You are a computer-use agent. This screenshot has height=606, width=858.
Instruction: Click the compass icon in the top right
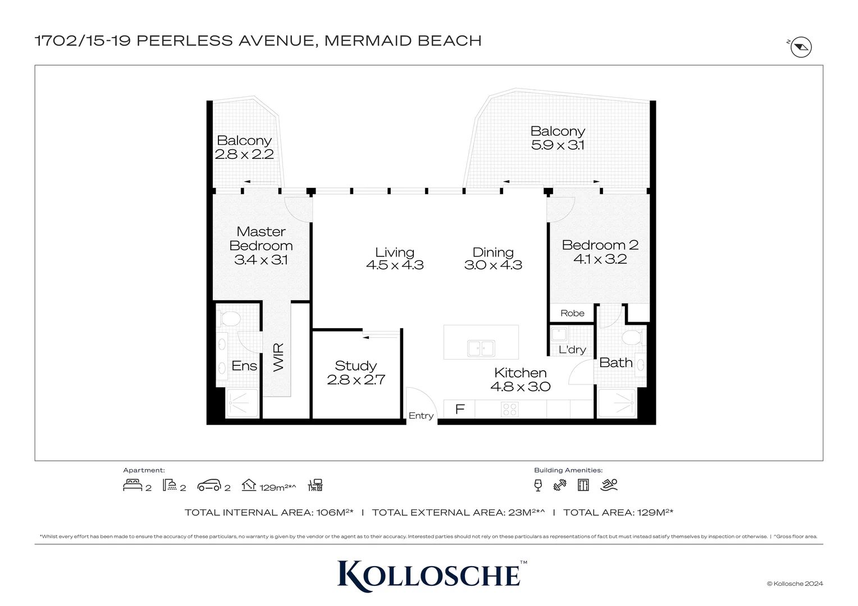[x=801, y=47]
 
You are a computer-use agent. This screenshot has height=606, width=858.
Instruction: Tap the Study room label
[x=355, y=366]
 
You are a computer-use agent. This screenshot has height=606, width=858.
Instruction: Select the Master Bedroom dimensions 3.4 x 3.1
[x=261, y=260]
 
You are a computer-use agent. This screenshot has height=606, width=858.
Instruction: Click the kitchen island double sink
[x=481, y=348]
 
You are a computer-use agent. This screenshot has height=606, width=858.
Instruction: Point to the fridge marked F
[x=459, y=409]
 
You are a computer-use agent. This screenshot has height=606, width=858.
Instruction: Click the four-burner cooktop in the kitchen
[x=510, y=410]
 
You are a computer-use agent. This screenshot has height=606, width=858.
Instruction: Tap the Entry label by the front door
[x=421, y=416]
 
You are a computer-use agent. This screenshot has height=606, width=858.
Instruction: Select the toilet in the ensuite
[x=230, y=319]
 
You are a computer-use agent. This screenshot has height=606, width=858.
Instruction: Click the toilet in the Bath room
[x=632, y=338]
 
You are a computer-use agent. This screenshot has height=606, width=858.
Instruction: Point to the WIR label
[x=279, y=357]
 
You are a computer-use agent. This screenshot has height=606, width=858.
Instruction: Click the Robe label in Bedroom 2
[x=572, y=313]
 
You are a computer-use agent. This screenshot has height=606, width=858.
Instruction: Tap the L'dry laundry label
[x=572, y=350]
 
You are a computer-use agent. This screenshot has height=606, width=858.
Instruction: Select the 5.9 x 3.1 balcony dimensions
[x=558, y=145]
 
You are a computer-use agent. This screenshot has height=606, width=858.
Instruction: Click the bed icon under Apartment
[x=133, y=485]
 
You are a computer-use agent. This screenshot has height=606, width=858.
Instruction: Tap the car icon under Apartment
[x=209, y=485]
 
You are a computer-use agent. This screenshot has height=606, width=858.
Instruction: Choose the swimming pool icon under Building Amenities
[x=609, y=485]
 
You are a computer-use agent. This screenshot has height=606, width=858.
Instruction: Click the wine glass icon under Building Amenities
[x=538, y=485]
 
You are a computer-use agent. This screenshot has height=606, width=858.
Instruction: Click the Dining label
[x=493, y=252]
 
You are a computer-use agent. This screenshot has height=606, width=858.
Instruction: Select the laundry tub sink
[x=559, y=335]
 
